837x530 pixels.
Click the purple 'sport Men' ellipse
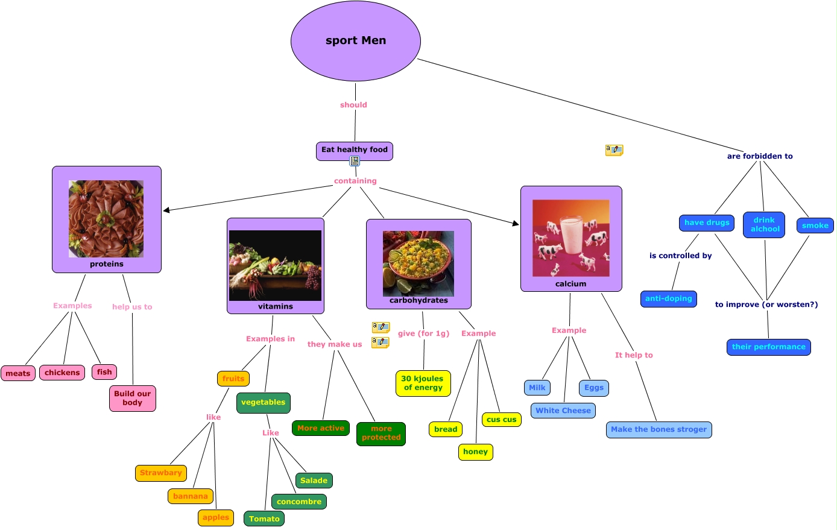[x=355, y=41]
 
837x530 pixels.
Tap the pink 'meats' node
[x=18, y=373]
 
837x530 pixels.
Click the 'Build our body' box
[x=133, y=399]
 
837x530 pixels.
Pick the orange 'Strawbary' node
[x=161, y=473]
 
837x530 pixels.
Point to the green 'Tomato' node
[x=264, y=519]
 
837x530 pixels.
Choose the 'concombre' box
[x=299, y=502]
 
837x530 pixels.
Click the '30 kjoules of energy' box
[x=423, y=383]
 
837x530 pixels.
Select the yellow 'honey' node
[x=475, y=452]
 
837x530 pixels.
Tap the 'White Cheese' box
[x=563, y=411]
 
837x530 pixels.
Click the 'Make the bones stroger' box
[x=659, y=430]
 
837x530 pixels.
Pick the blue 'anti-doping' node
[x=669, y=299]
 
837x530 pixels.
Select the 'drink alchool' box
[x=764, y=225]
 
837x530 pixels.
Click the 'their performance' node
[x=768, y=347]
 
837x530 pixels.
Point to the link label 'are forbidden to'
[x=760, y=156]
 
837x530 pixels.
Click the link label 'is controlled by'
[x=680, y=256]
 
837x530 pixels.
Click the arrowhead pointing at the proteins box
[x=166, y=210]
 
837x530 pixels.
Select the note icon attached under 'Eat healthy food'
[x=355, y=161]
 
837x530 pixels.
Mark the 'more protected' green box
[x=381, y=434]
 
